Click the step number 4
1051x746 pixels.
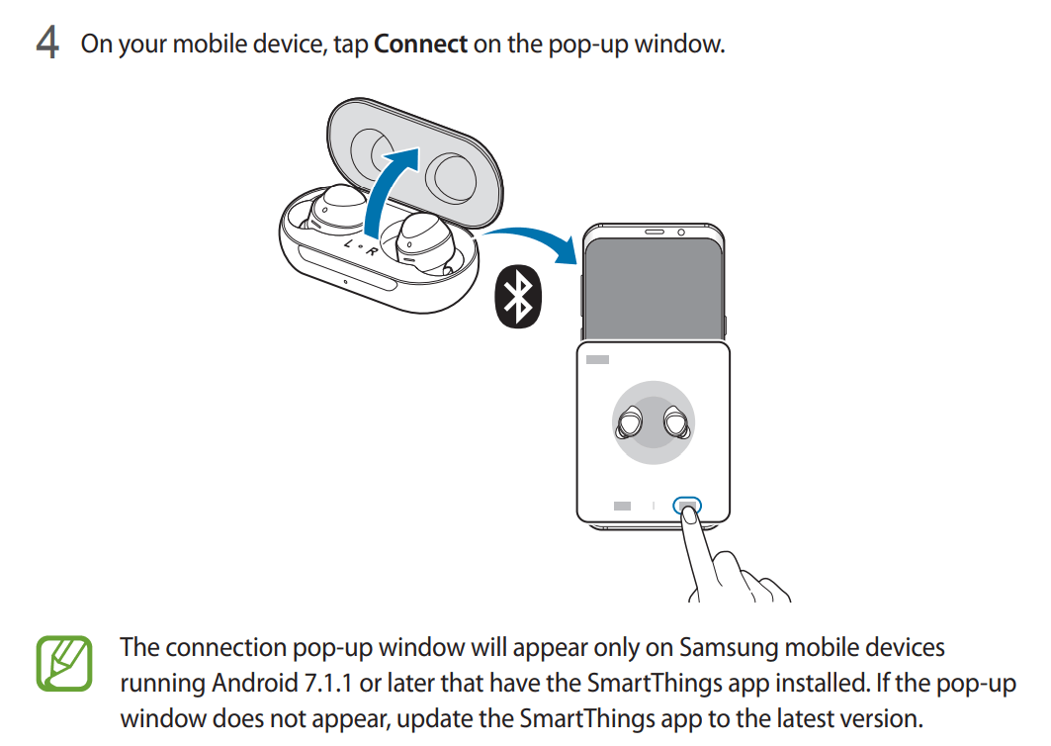(x=47, y=43)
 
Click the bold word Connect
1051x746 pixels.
(x=420, y=44)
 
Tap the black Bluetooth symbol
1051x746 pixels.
(x=517, y=297)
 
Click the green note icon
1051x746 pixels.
(x=63, y=664)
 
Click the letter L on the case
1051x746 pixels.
(x=349, y=242)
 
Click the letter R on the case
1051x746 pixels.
(x=371, y=251)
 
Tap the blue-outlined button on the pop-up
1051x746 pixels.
(x=687, y=506)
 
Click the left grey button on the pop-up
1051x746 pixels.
(x=622, y=506)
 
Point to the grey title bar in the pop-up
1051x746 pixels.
(x=597, y=359)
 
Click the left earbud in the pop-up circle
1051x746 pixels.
(x=630, y=422)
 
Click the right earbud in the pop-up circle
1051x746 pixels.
(x=677, y=421)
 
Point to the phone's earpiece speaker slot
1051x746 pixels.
(x=655, y=233)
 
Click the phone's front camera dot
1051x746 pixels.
(x=681, y=233)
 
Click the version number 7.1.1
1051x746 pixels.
(x=328, y=683)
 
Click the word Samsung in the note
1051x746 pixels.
(x=728, y=648)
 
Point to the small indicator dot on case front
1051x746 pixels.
(x=345, y=282)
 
